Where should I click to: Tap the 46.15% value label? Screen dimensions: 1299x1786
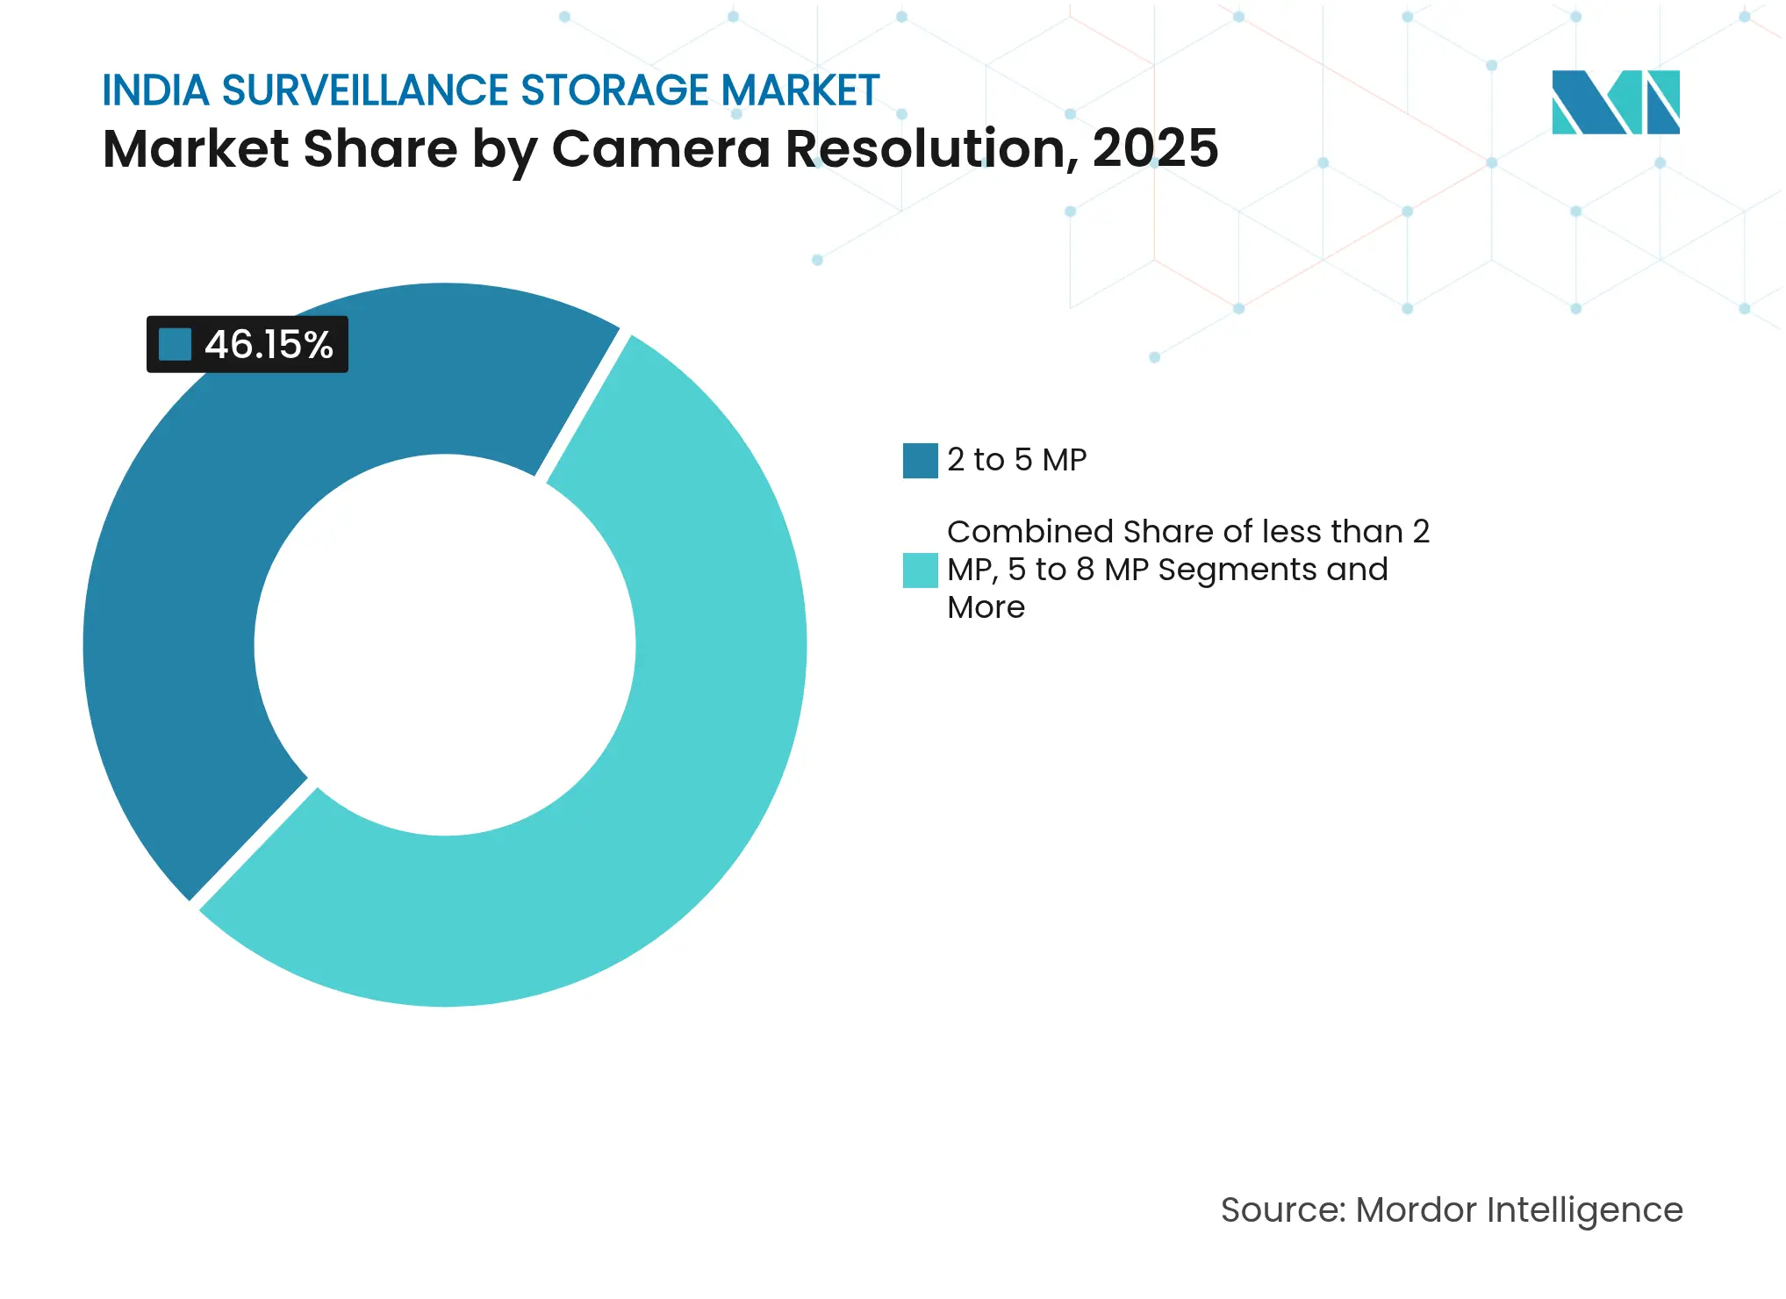[x=269, y=345]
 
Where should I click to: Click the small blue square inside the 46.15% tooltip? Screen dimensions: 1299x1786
[x=176, y=345]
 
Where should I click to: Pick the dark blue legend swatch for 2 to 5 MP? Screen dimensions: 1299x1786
[x=920, y=461]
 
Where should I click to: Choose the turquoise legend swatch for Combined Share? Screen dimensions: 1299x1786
[x=920, y=571]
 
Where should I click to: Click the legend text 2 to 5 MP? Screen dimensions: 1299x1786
[x=1016, y=460]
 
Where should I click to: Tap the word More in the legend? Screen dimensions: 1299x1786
[x=986, y=607]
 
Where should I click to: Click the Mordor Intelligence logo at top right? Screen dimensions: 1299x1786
[x=1615, y=102]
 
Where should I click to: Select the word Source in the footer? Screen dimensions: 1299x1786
[x=1281, y=1210]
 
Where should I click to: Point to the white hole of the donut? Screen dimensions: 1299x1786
[x=445, y=645]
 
